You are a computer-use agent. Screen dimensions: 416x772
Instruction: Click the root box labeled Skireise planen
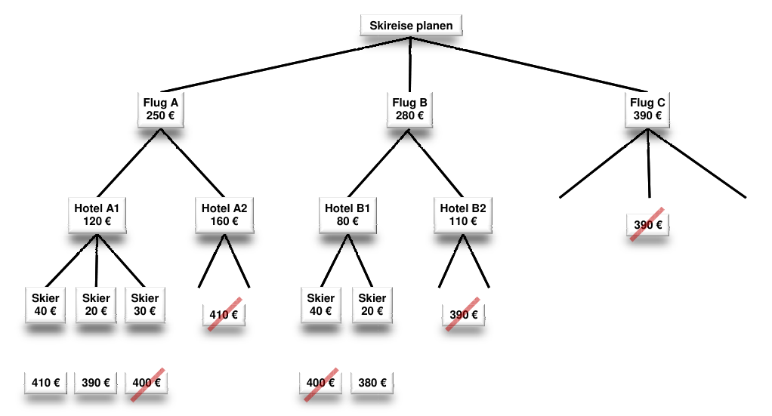pos(411,26)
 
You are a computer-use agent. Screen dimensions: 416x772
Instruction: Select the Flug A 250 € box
pos(160,109)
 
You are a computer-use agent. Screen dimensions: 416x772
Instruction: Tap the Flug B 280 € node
pos(410,109)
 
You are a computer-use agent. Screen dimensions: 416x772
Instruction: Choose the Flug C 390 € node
pos(647,109)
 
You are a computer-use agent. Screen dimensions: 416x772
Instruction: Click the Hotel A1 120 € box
pos(97,214)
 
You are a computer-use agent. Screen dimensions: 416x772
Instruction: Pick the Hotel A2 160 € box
pos(224,214)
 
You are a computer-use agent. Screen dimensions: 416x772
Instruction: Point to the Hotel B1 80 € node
pos(347,214)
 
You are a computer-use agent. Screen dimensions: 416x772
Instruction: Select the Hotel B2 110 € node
pos(463,214)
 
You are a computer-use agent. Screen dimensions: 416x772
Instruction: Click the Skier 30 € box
pos(145,304)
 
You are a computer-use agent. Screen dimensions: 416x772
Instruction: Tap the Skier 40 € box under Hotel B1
pos(321,304)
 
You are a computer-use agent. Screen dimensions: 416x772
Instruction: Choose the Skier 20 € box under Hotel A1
pos(96,304)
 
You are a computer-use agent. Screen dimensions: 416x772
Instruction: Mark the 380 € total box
pos(372,383)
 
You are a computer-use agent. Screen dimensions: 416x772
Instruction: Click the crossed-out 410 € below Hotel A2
pos(224,315)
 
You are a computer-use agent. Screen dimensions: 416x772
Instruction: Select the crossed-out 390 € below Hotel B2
pos(463,315)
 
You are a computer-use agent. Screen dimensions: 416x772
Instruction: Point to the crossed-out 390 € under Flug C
pos(648,225)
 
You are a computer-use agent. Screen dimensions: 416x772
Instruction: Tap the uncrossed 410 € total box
pos(46,383)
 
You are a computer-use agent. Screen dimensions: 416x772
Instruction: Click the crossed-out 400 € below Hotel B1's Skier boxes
pos(321,383)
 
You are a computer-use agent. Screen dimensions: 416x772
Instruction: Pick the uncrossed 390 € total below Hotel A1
pos(96,383)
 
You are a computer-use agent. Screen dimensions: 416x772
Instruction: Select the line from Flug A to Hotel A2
pos(192,163)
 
